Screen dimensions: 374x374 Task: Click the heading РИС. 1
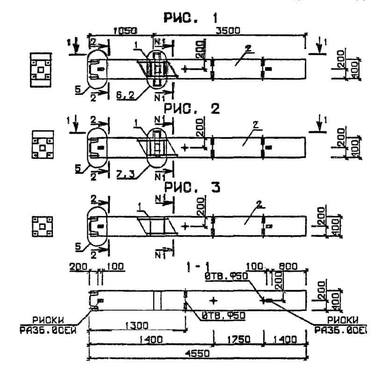[x=190, y=18]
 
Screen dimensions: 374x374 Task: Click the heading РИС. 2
[x=190, y=109]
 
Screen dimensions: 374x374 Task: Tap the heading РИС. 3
[x=190, y=187]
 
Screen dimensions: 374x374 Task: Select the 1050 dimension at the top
[x=125, y=31]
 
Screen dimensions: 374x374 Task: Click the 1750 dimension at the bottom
[x=237, y=340]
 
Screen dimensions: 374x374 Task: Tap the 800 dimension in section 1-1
[x=288, y=267]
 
